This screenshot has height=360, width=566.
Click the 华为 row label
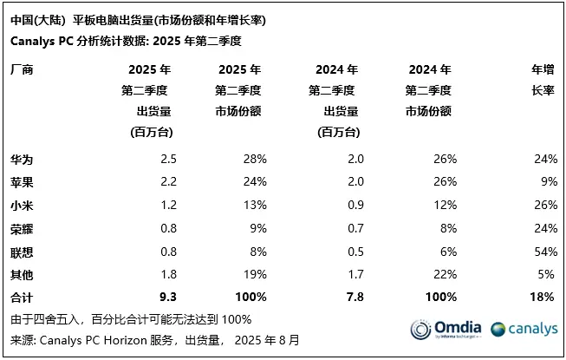21,159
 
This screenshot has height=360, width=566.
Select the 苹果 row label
21,182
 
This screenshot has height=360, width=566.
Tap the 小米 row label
21,206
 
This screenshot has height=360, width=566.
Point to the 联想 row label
21,252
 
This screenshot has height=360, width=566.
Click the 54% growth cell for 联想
542,252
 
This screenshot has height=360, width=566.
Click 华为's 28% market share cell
256,159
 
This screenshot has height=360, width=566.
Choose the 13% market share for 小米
256,206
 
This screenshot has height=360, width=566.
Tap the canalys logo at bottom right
523,330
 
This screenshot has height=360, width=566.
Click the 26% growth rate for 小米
542,206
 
